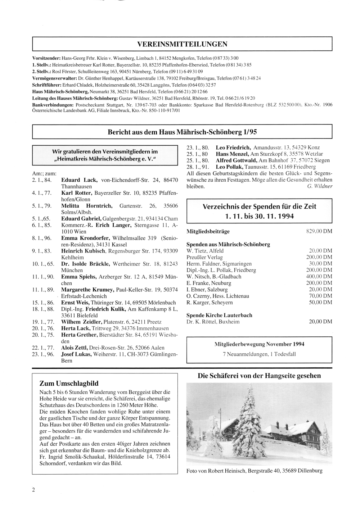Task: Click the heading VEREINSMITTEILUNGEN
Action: pos(182,44)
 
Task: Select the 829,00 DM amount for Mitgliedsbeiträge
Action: pos(319,231)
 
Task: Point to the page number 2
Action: pos(33,490)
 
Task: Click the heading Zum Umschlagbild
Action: pos(69,384)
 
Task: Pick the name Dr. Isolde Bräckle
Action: pos(86,264)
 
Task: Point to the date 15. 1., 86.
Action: pos(43,303)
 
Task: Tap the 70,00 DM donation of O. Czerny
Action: pos(320,296)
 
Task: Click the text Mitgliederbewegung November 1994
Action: pos(259,344)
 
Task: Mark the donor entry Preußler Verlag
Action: pos(204,257)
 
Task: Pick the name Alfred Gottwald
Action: pos(236,160)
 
